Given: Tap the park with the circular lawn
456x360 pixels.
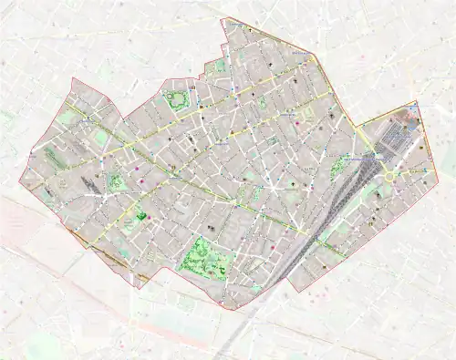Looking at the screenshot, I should (x=179, y=99).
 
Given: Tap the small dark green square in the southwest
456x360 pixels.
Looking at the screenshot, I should (x=141, y=216).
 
